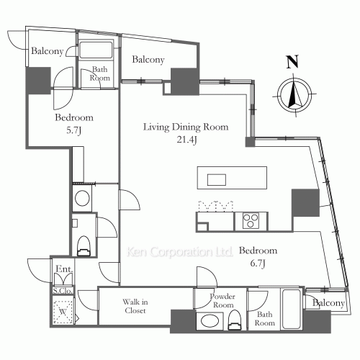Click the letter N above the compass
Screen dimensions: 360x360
(x=292, y=63)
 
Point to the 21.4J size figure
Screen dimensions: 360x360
(x=185, y=140)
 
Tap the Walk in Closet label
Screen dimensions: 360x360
(x=135, y=307)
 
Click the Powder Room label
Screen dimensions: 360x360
(x=221, y=300)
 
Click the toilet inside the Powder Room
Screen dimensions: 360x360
(x=235, y=323)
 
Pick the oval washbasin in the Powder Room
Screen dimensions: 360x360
(x=210, y=322)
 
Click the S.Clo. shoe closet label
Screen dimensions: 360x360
(x=61, y=290)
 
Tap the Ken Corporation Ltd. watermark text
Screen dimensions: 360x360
(x=179, y=253)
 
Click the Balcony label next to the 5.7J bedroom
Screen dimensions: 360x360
(x=48, y=51)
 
